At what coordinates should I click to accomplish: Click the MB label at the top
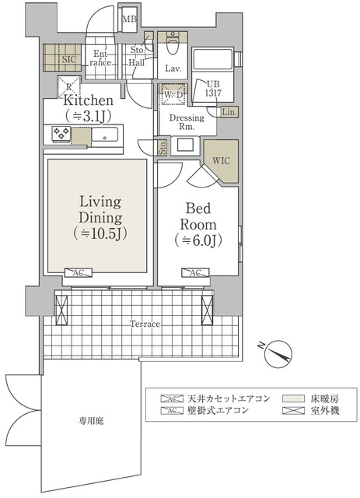[131, 19]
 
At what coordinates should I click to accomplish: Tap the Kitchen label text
[89, 101]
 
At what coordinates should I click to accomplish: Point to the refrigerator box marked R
[69, 86]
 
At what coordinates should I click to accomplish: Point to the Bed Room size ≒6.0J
[197, 240]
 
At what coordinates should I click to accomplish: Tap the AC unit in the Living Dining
[79, 272]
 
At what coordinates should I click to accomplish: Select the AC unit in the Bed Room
[194, 272]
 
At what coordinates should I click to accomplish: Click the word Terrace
[145, 323]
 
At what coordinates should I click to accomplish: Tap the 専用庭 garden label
[90, 420]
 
